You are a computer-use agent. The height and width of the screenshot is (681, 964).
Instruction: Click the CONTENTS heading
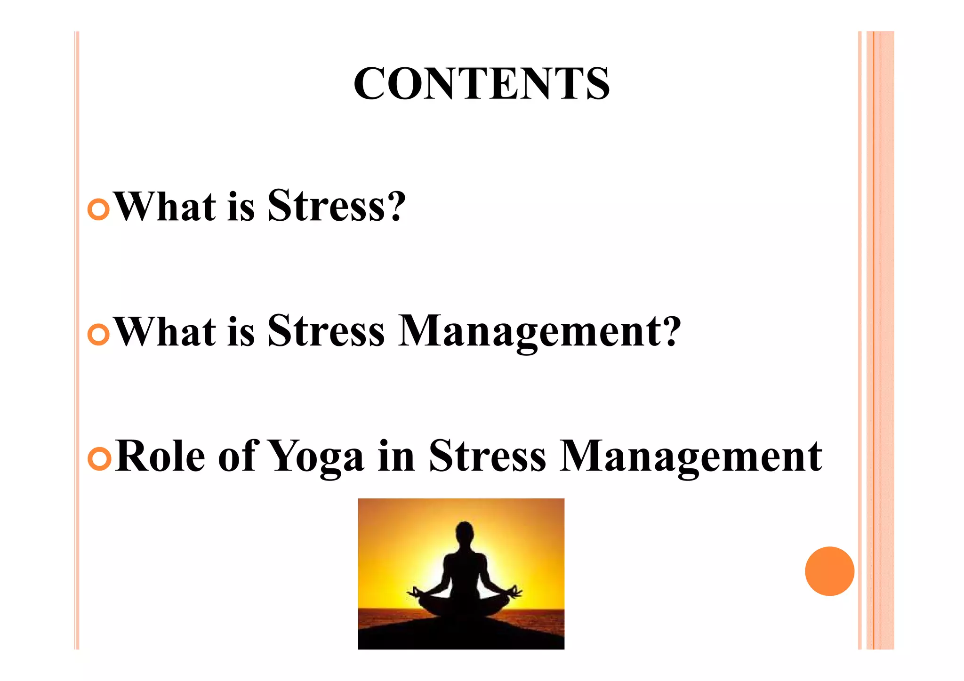coord(482,83)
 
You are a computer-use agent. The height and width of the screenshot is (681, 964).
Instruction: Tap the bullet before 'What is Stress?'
coord(99,209)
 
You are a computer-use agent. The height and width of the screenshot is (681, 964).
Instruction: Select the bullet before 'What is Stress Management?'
coord(99,334)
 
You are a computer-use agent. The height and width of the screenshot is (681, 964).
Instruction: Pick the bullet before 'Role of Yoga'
coord(99,459)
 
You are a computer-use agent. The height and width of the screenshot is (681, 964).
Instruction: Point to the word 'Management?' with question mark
coord(539,331)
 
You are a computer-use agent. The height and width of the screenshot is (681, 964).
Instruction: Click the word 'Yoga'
coord(316,457)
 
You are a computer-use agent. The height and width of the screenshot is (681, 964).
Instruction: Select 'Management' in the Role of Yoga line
coord(691,457)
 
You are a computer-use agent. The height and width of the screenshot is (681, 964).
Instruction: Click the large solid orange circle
coord(829,571)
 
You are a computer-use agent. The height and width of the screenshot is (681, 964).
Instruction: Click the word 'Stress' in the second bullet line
coord(326,331)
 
